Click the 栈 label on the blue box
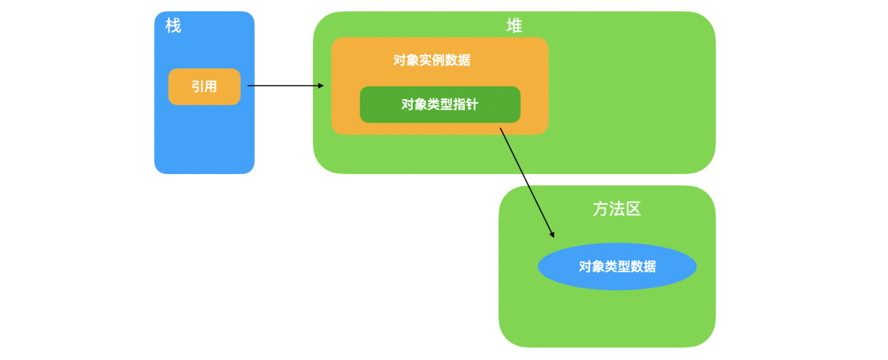tap(173, 26)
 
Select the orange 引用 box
tap(204, 87)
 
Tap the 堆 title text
tap(514, 26)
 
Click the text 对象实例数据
tap(432, 60)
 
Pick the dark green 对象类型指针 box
tap(440, 105)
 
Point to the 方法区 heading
tap(617, 209)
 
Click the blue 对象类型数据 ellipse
tap(617, 266)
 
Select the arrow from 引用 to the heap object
tap(284, 86)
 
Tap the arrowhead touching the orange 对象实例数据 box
tap(321, 86)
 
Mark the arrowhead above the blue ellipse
tap(551, 234)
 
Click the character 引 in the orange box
tap(197, 87)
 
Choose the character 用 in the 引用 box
tap(211, 87)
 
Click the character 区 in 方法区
tap(633, 209)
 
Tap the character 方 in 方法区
tap(600, 209)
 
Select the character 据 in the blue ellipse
tap(649, 266)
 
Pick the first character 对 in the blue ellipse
tap(586, 266)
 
